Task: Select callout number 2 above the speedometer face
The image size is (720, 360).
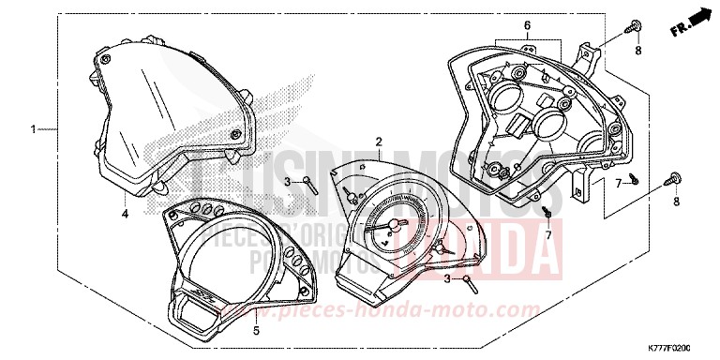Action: pyautogui.click(x=379, y=142)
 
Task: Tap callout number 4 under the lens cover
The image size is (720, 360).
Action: pyautogui.click(x=125, y=214)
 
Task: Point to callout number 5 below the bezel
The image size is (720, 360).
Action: pyautogui.click(x=256, y=331)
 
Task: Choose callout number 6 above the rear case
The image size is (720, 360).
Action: pyautogui.click(x=527, y=25)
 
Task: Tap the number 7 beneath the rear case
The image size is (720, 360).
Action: pyautogui.click(x=548, y=235)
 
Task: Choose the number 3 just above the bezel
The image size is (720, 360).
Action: pyautogui.click(x=287, y=181)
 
